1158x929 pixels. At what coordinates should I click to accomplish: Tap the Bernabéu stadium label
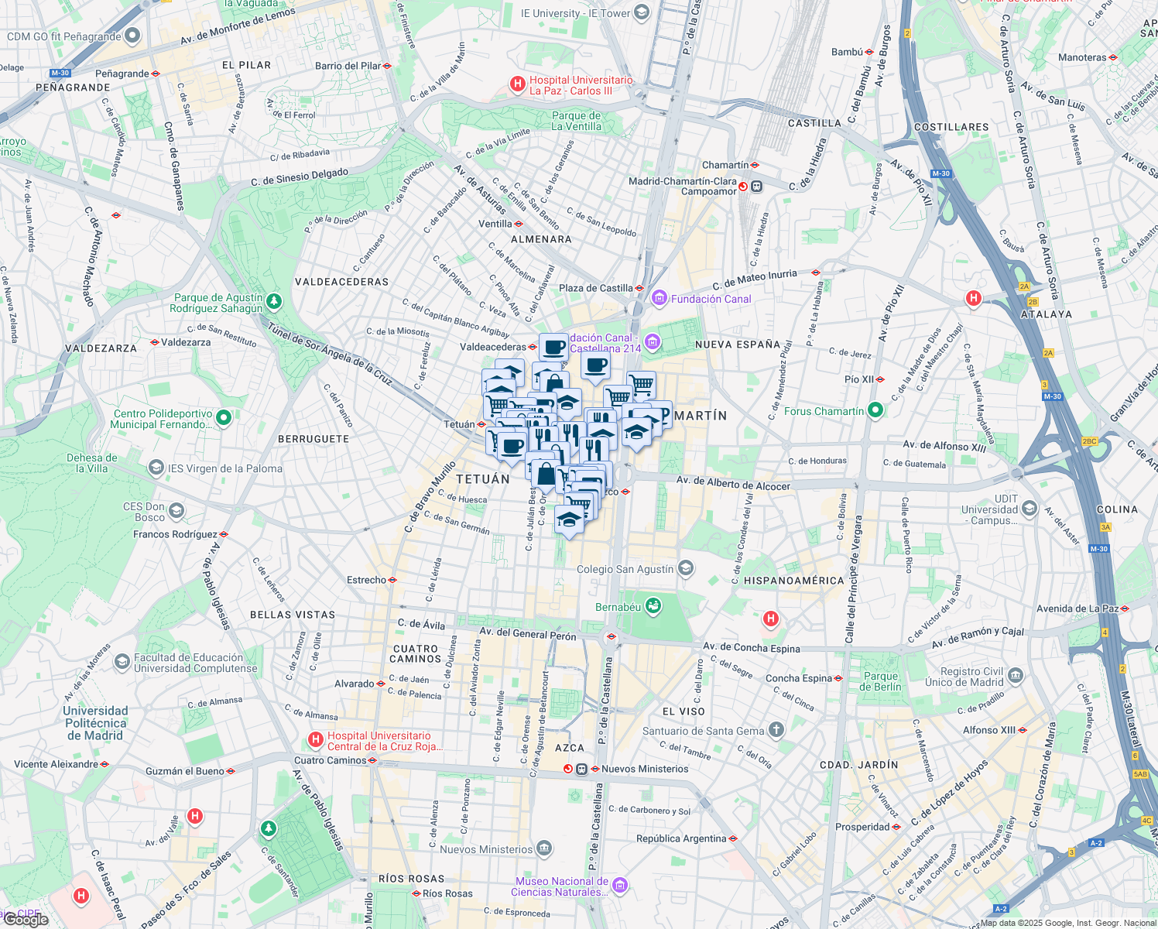coord(618,607)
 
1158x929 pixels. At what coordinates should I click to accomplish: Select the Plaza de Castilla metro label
coord(595,288)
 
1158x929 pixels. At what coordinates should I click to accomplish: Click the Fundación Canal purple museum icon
coord(660,297)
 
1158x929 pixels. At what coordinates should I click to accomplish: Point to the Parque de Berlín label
coord(880,681)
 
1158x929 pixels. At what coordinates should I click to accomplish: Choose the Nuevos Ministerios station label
coord(644,769)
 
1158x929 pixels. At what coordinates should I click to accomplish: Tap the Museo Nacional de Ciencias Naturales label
coord(562,886)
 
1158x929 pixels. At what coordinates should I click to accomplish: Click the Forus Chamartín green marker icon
coord(875,410)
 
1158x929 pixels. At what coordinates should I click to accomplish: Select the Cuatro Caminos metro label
coord(330,760)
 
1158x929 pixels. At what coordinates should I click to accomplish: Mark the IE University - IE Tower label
coord(575,13)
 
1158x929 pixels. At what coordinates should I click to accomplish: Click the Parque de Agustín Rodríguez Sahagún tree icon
coord(273,301)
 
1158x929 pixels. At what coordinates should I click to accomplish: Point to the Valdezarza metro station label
coord(186,342)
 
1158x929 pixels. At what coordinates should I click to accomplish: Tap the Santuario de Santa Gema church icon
coord(776,729)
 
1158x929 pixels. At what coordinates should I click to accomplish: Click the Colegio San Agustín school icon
coord(685,568)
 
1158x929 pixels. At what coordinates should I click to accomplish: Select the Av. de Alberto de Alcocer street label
coord(733,483)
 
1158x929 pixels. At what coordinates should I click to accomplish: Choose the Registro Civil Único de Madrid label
coord(971,677)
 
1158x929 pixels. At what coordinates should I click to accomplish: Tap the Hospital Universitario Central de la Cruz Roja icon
coord(315,739)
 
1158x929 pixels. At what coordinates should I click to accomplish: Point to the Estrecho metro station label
coord(366,580)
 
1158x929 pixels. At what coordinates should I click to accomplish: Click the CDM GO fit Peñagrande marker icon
coord(132,36)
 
